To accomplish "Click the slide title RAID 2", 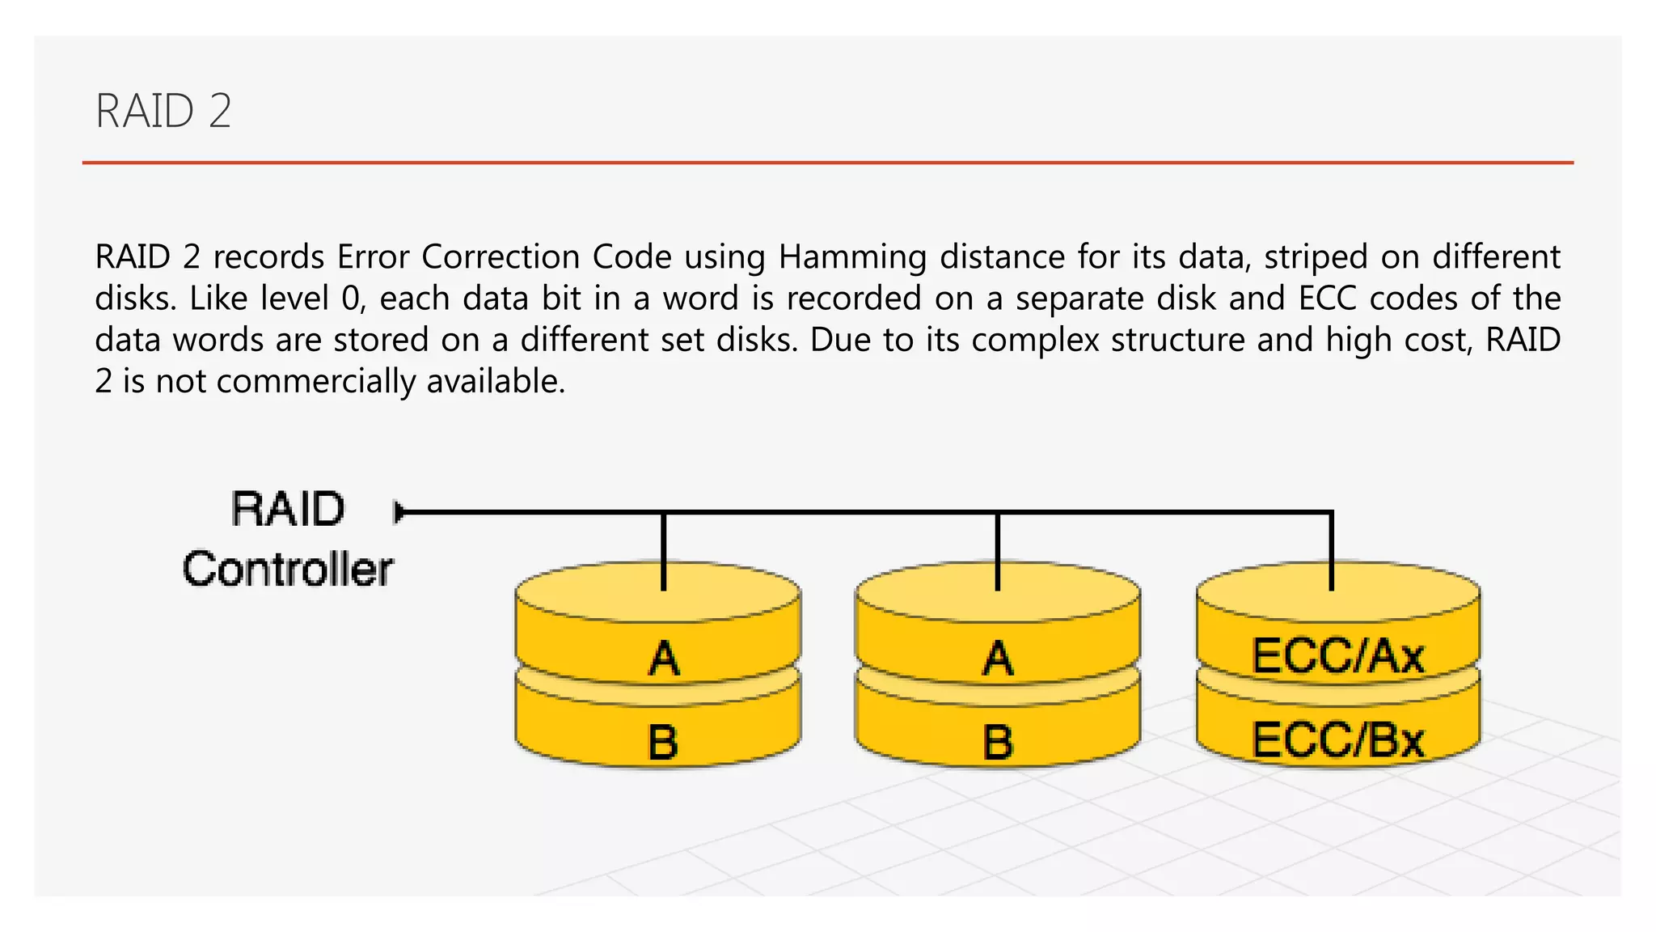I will click(x=163, y=111).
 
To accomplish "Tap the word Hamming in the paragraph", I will click(x=852, y=257).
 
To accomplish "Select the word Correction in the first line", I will click(x=505, y=257).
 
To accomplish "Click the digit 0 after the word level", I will click(x=350, y=299).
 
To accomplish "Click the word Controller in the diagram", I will click(x=288, y=569).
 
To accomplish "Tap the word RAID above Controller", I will click(x=288, y=509).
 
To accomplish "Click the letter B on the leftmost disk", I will click(x=663, y=741).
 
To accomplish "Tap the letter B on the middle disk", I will click(x=998, y=741).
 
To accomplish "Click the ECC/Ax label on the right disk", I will click(x=1337, y=655).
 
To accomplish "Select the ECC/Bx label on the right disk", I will click(x=1337, y=739).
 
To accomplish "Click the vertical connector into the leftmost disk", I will click(x=664, y=552).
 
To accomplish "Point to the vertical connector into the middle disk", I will click(x=998, y=552).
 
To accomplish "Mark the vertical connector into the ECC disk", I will click(x=1332, y=552).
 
